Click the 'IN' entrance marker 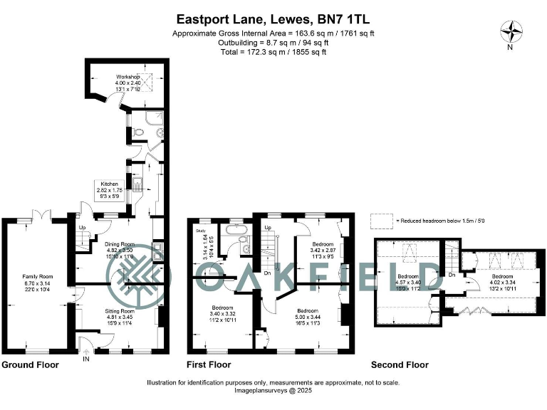87,359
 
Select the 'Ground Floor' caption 30,365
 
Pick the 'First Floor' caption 209,365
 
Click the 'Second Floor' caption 400,365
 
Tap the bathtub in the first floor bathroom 234,230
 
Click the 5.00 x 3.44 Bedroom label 307,315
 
